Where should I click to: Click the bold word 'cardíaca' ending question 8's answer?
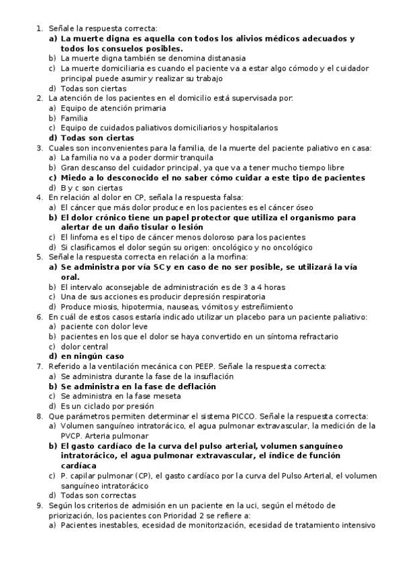(x=79, y=465)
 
